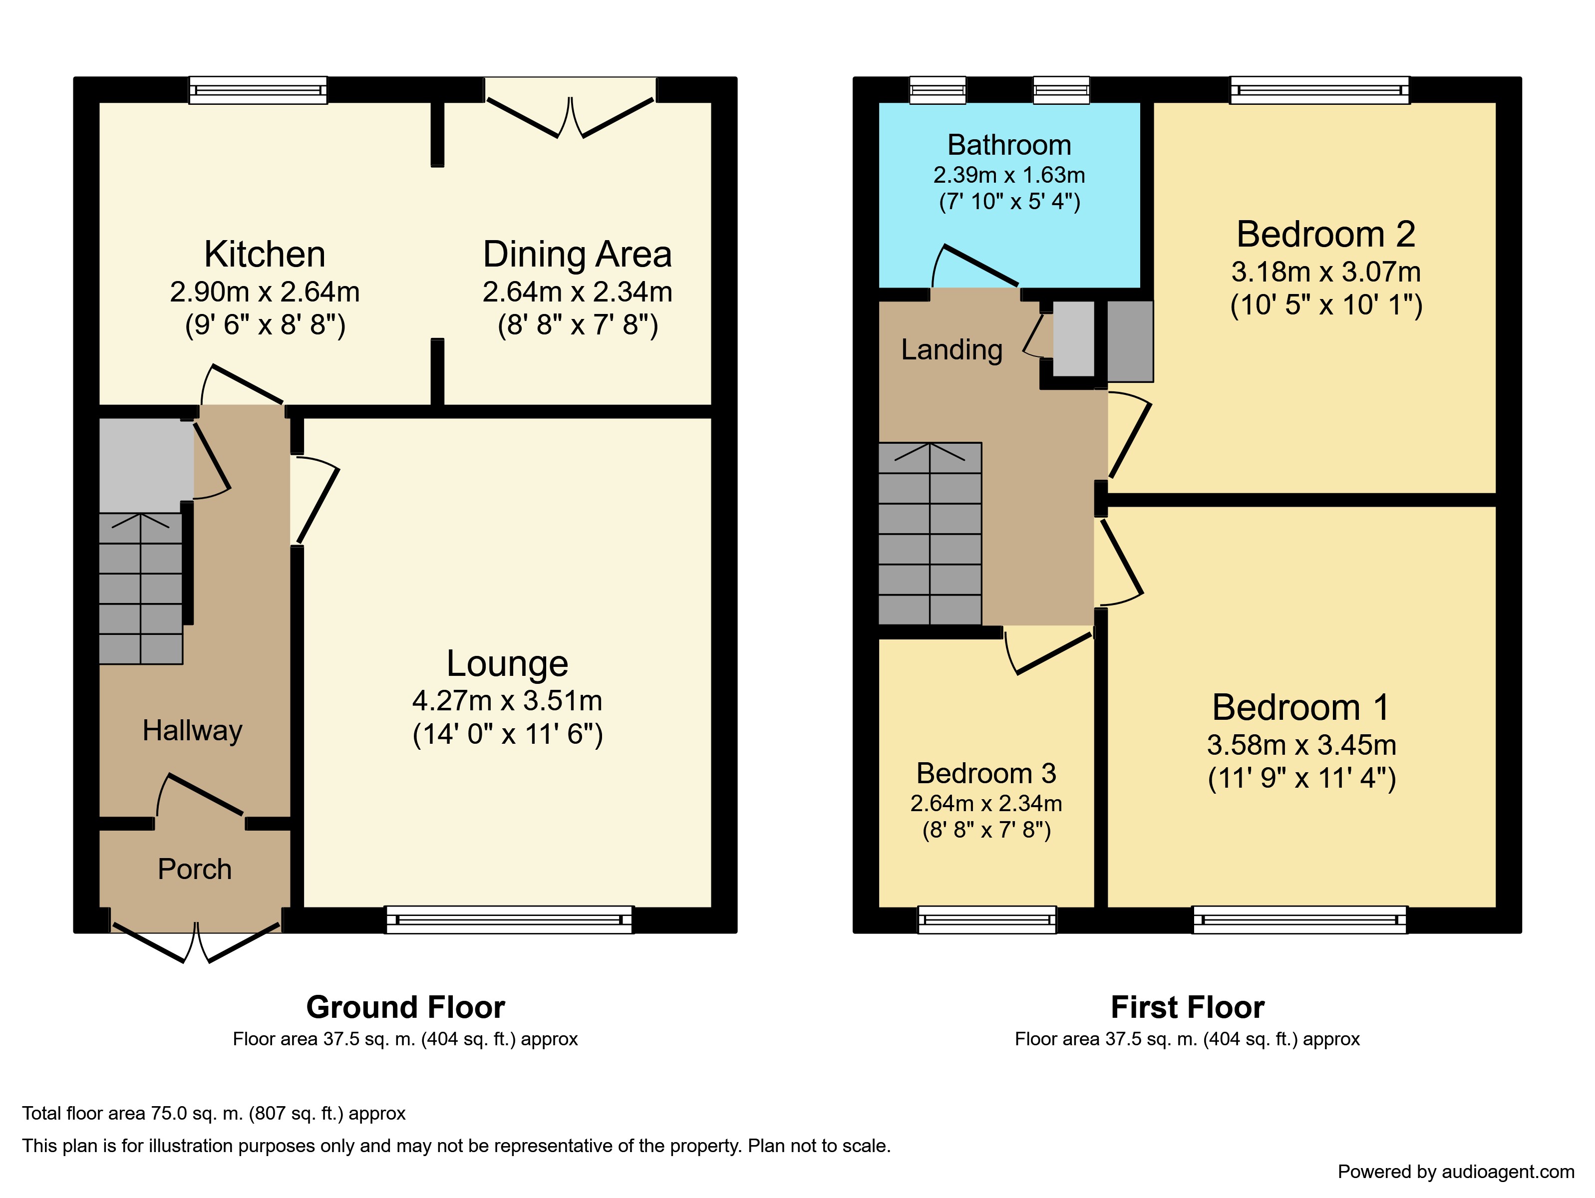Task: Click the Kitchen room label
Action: [x=265, y=255]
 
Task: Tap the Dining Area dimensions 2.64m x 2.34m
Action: [x=577, y=292]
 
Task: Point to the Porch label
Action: [x=195, y=870]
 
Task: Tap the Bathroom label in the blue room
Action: [x=1009, y=145]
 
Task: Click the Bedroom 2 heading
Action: [x=1325, y=234]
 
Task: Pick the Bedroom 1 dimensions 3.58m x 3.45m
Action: [x=1301, y=745]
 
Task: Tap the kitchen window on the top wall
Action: [x=258, y=91]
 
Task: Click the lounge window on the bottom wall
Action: [x=509, y=920]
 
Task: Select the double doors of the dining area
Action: [x=571, y=115]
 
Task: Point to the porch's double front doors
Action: [x=196, y=944]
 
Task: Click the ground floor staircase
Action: [x=141, y=588]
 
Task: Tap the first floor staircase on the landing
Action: [x=930, y=534]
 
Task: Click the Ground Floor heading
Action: [x=405, y=1007]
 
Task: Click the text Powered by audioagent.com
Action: [x=1455, y=1172]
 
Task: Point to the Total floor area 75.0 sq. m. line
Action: [x=214, y=1113]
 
